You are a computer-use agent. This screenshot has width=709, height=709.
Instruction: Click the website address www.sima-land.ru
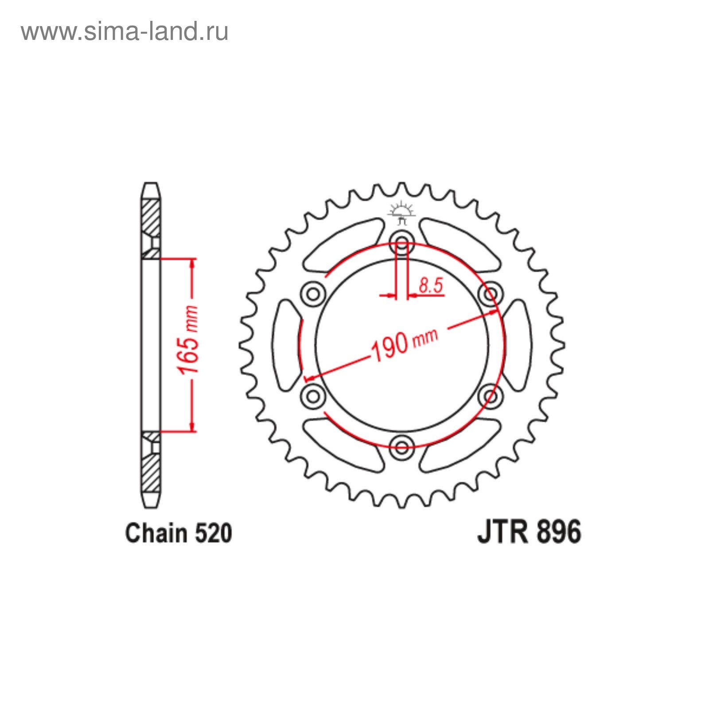[x=125, y=32]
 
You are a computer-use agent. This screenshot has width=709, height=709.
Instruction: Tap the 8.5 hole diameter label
[x=431, y=285]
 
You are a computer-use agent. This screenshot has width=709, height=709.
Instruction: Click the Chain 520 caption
[x=179, y=533]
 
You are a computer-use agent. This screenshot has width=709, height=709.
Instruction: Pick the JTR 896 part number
[x=529, y=532]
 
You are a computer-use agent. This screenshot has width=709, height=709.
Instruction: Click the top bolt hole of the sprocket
[x=402, y=242]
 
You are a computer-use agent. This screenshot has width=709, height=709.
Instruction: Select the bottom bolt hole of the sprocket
[x=402, y=447]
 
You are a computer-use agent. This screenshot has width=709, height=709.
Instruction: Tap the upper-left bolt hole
[x=313, y=293]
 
